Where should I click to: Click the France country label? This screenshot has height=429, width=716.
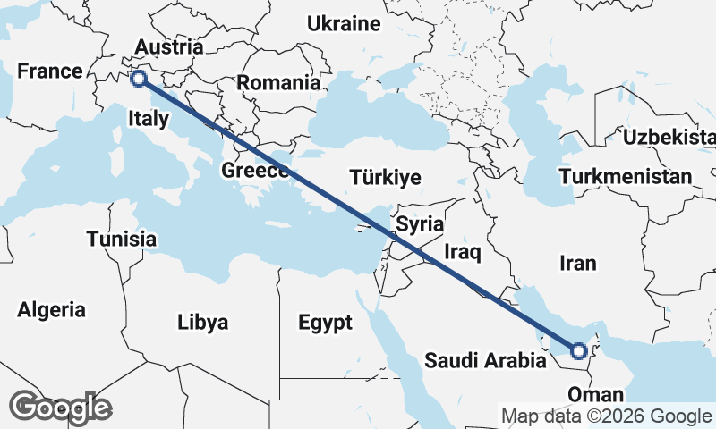pyautogui.click(x=50, y=71)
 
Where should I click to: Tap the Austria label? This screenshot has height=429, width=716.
pyautogui.click(x=169, y=46)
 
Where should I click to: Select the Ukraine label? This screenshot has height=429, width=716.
pyautogui.click(x=345, y=24)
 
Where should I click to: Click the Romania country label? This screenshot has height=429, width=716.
pyautogui.click(x=279, y=83)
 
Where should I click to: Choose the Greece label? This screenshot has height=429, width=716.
pyautogui.click(x=254, y=171)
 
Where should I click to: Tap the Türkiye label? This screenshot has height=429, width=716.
pyautogui.click(x=386, y=177)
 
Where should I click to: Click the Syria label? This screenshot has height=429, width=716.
pyautogui.click(x=420, y=223)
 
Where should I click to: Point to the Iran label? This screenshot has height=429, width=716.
pyautogui.click(x=576, y=263)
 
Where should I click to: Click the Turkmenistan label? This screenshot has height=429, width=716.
pyautogui.click(x=626, y=176)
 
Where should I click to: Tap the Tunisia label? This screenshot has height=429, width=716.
pyautogui.click(x=122, y=239)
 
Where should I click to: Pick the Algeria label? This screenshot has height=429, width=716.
pyautogui.click(x=52, y=310)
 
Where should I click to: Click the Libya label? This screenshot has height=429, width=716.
pyautogui.click(x=202, y=322)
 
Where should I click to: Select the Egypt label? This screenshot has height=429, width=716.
pyautogui.click(x=325, y=322)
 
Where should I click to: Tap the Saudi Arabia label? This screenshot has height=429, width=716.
pyautogui.click(x=484, y=361)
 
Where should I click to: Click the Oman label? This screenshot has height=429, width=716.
pyautogui.click(x=595, y=394)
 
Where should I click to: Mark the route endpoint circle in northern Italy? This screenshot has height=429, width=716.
pyautogui.click(x=139, y=79)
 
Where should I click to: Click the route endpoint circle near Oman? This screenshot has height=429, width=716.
pyautogui.click(x=579, y=351)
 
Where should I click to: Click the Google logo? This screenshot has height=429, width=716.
pyautogui.click(x=60, y=408)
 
